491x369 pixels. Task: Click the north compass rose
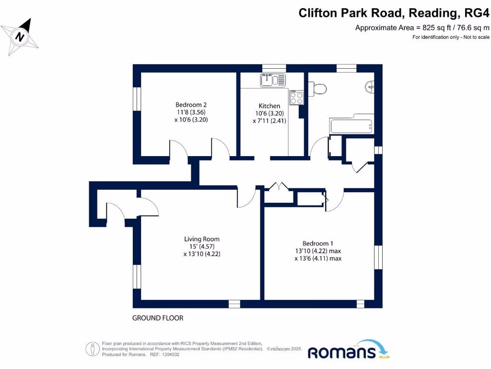tap(20, 37)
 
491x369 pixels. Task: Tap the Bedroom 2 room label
tap(191, 105)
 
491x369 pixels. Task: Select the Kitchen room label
tap(269, 106)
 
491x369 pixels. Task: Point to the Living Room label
tap(202, 239)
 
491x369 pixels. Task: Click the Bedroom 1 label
tap(318, 243)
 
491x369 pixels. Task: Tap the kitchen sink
tap(273, 80)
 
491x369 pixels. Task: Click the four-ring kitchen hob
tap(296, 98)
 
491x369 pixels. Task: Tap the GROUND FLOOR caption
tap(158, 318)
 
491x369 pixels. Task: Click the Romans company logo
tap(349, 351)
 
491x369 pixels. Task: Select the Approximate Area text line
tap(422, 28)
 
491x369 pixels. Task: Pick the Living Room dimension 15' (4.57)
tap(202, 247)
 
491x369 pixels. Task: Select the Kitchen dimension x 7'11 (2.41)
tap(269, 121)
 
